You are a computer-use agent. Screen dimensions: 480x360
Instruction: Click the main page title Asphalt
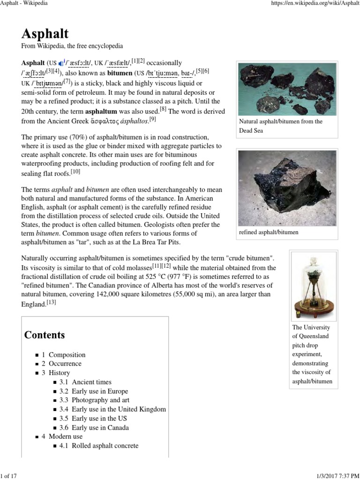45,33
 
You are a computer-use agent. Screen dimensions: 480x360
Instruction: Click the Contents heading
45,335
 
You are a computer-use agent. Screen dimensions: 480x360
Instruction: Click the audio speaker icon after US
61,63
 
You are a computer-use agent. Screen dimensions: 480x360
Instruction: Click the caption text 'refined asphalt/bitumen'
269,232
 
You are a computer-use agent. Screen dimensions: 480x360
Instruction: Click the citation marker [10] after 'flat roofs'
76,172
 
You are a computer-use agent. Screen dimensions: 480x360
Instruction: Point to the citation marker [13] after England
51,303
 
